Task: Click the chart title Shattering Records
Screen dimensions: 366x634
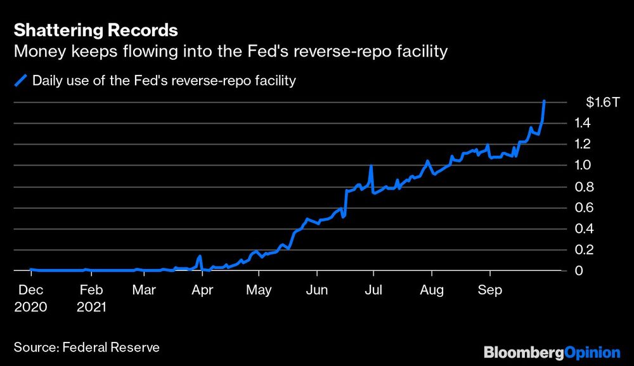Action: pyautogui.click(x=95, y=30)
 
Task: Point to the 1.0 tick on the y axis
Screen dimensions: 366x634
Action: pyautogui.click(x=583, y=166)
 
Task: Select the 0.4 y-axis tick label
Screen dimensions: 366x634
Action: pyautogui.click(x=583, y=229)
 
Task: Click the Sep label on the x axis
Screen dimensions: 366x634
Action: pyautogui.click(x=489, y=291)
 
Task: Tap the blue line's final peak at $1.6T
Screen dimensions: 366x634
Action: pyautogui.click(x=545, y=101)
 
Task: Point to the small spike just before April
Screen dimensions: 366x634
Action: pyautogui.click(x=200, y=257)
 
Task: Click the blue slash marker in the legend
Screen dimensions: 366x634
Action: pyautogui.click(x=21, y=81)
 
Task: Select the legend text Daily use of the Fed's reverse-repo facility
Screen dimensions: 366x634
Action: pyautogui.click(x=164, y=81)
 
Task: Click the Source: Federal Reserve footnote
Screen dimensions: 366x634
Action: pyautogui.click(x=86, y=347)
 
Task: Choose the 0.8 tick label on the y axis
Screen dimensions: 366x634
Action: pyautogui.click(x=583, y=187)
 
